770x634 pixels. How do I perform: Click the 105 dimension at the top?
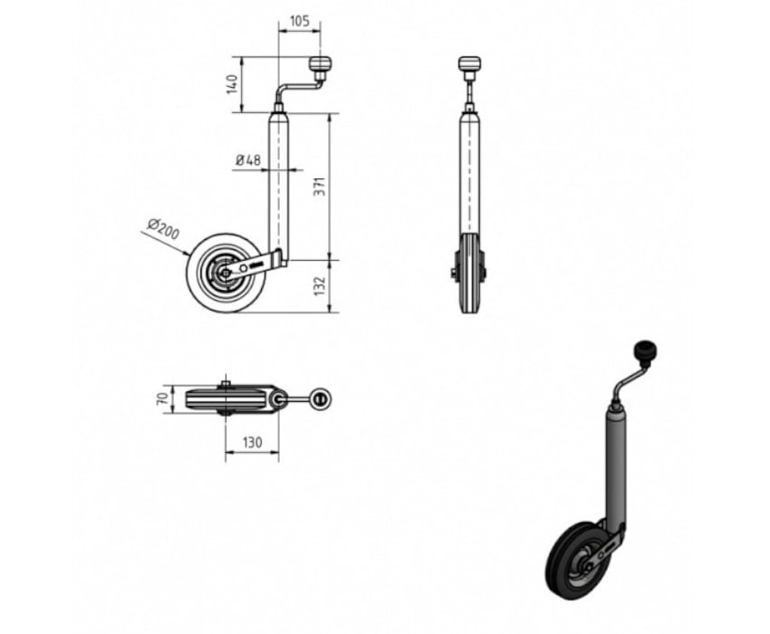coord(300,21)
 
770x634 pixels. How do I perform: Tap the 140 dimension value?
coord(233,84)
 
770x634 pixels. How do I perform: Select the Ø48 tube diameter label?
coord(248,160)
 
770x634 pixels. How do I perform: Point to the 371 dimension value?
coord(320,187)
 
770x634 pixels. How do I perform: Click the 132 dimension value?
coord(320,286)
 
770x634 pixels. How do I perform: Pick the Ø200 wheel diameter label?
coord(164,229)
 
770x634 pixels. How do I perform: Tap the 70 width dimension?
coord(162,399)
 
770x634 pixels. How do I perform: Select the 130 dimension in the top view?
coord(253,443)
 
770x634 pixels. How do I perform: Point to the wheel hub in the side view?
coord(225,273)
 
